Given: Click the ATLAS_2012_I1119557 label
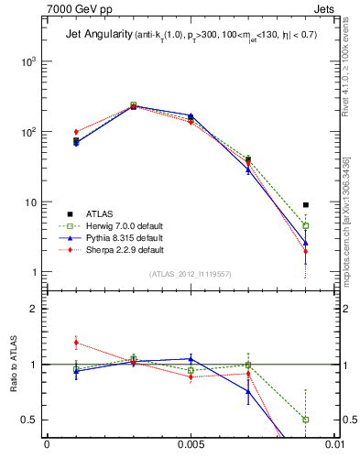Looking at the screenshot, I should click(191, 274).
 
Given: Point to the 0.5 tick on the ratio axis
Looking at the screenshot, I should click(31, 420).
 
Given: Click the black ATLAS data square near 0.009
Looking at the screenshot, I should click(306, 205).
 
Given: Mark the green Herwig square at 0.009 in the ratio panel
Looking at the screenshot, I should click(306, 420).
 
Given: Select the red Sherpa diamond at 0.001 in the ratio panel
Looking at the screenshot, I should click(76, 343).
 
